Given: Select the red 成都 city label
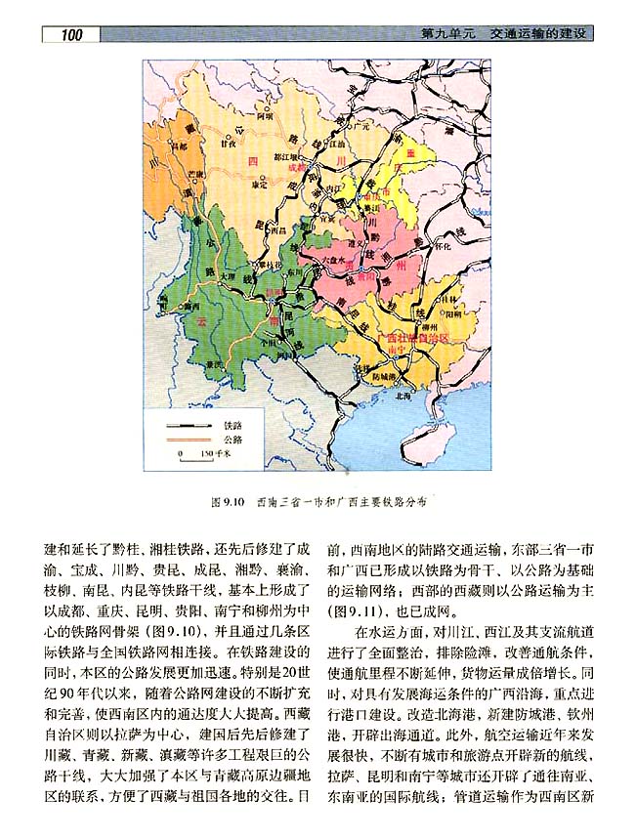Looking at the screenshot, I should [x=298, y=166].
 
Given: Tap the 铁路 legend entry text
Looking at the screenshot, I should [x=233, y=427].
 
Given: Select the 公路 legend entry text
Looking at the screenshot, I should [x=233, y=441].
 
